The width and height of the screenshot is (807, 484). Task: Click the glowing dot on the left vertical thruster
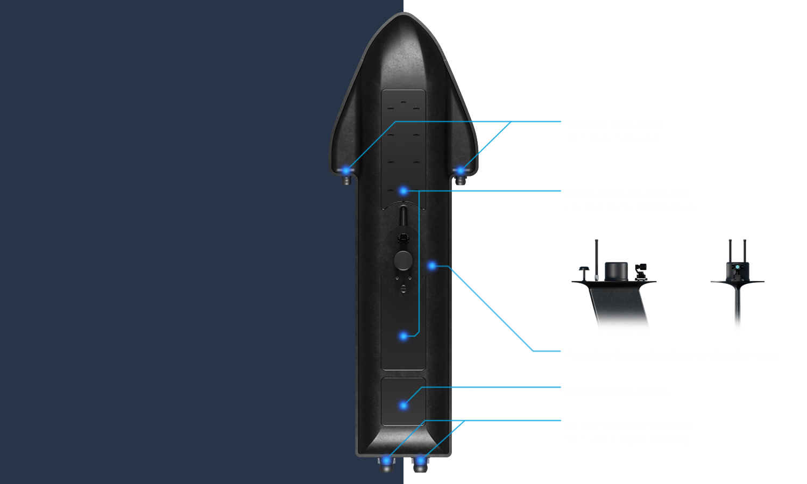346,171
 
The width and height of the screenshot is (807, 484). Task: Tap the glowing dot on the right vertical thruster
460,171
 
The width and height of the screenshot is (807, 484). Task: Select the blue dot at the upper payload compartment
403,191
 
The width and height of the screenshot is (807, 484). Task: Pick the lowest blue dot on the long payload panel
403,336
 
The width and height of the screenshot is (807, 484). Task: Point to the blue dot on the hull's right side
432,265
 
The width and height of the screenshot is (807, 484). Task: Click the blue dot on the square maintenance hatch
403,405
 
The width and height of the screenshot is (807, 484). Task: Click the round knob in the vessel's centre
403,260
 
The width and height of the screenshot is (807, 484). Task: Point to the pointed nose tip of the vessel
403,15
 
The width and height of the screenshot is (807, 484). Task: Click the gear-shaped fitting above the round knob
403,238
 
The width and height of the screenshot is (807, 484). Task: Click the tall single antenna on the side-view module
596,258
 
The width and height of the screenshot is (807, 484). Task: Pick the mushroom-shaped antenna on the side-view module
584,269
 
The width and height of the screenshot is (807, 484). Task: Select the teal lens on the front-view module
737,267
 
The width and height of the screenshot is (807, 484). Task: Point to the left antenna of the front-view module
730,250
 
